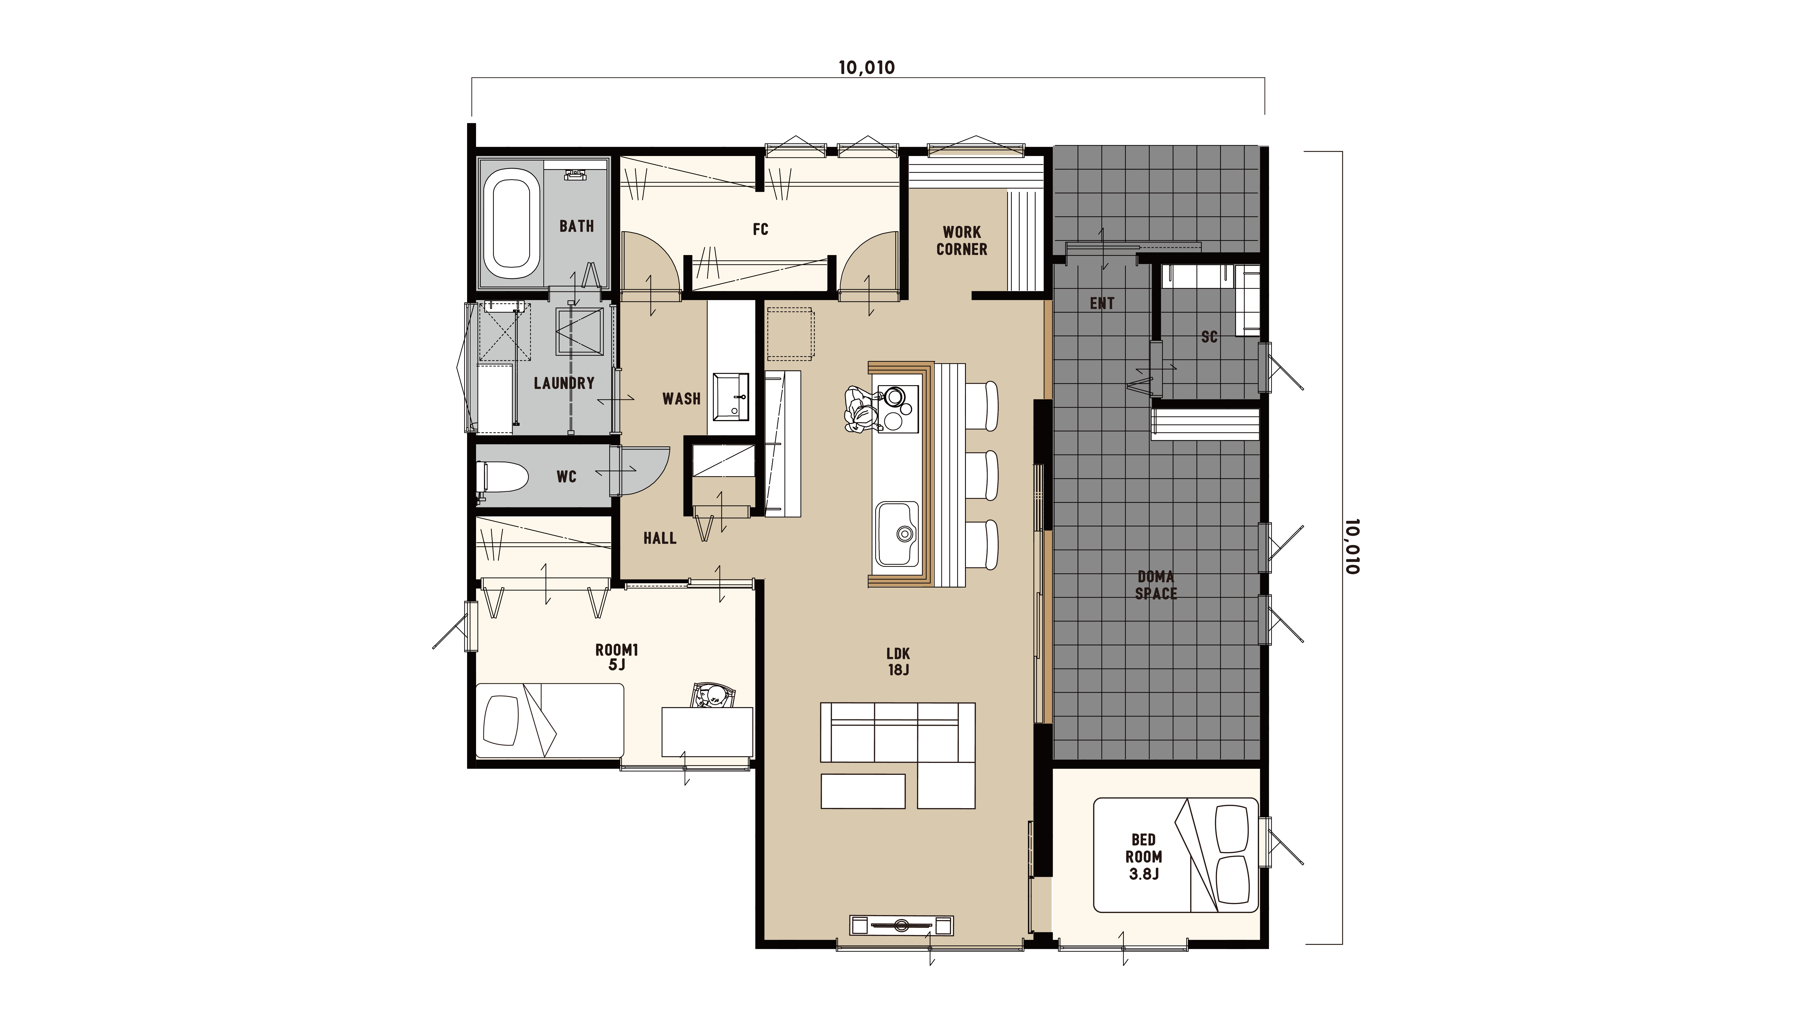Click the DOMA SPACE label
coord(1156,585)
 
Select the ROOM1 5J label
coord(617,657)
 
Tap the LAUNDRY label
coord(564,383)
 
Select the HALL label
coord(660,538)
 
